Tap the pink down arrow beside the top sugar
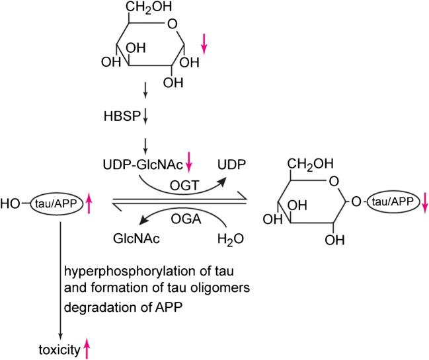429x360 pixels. (204, 44)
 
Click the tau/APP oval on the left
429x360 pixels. (56, 204)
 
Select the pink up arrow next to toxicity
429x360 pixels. (85, 347)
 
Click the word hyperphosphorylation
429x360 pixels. (122, 271)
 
